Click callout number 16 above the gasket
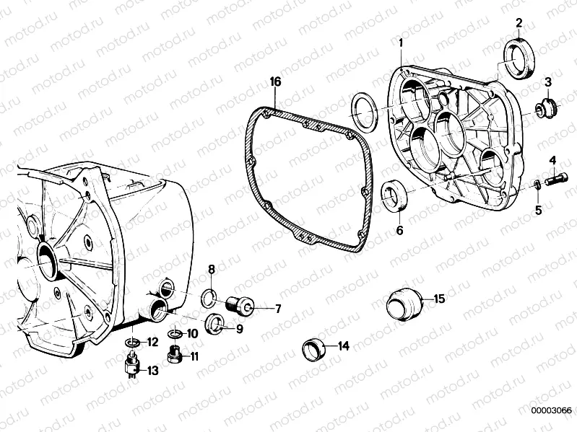tap(275, 81)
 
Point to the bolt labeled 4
tap(538, 185)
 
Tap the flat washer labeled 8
tap(216, 323)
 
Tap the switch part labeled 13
tap(312, 348)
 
